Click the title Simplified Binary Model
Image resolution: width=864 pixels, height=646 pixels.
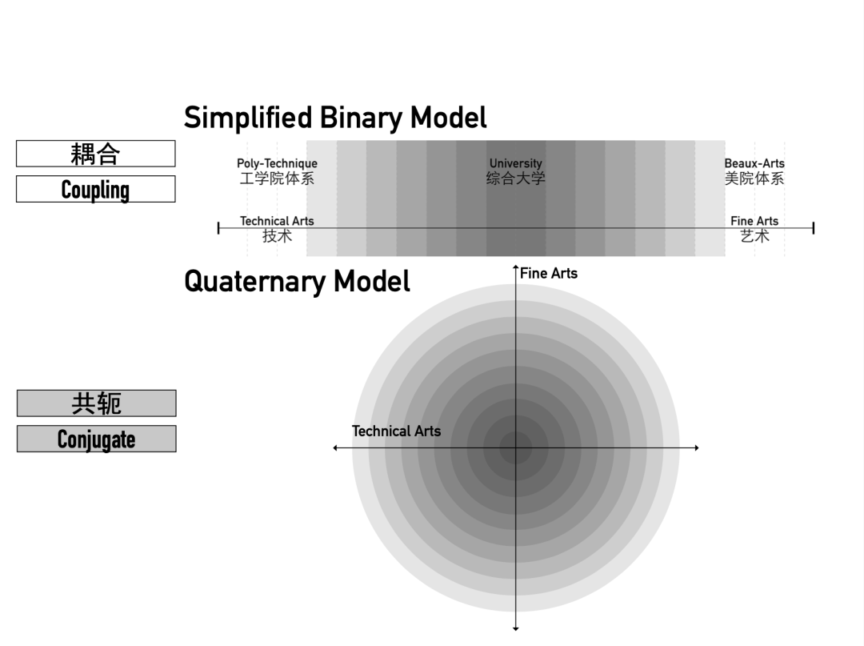click(x=335, y=118)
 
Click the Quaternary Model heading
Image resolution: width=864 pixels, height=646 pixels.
click(x=297, y=282)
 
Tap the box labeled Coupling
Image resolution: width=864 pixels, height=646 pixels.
click(x=95, y=190)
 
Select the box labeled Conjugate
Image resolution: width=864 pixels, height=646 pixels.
click(x=96, y=439)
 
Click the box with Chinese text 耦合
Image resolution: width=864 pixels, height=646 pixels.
click(x=95, y=154)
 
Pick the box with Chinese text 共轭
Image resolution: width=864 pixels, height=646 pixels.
click(x=96, y=403)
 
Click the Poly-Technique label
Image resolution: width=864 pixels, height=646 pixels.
click(x=277, y=163)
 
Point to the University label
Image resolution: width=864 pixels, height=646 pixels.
click(x=515, y=163)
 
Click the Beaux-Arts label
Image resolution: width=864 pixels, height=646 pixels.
click(x=754, y=163)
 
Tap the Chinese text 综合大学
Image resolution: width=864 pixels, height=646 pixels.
click(x=515, y=179)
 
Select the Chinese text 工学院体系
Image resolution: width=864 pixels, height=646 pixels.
click(x=277, y=179)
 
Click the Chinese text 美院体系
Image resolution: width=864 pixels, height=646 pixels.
click(x=754, y=179)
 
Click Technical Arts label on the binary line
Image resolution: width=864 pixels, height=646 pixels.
click(x=277, y=221)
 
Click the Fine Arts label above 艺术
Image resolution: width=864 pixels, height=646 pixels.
click(x=754, y=221)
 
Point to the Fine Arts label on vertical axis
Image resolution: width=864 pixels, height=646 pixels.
click(x=549, y=273)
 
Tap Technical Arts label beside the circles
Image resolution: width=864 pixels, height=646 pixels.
click(x=396, y=431)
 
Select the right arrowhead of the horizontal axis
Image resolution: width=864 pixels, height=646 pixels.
click(x=696, y=447)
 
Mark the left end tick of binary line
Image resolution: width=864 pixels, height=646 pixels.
click(x=218, y=228)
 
